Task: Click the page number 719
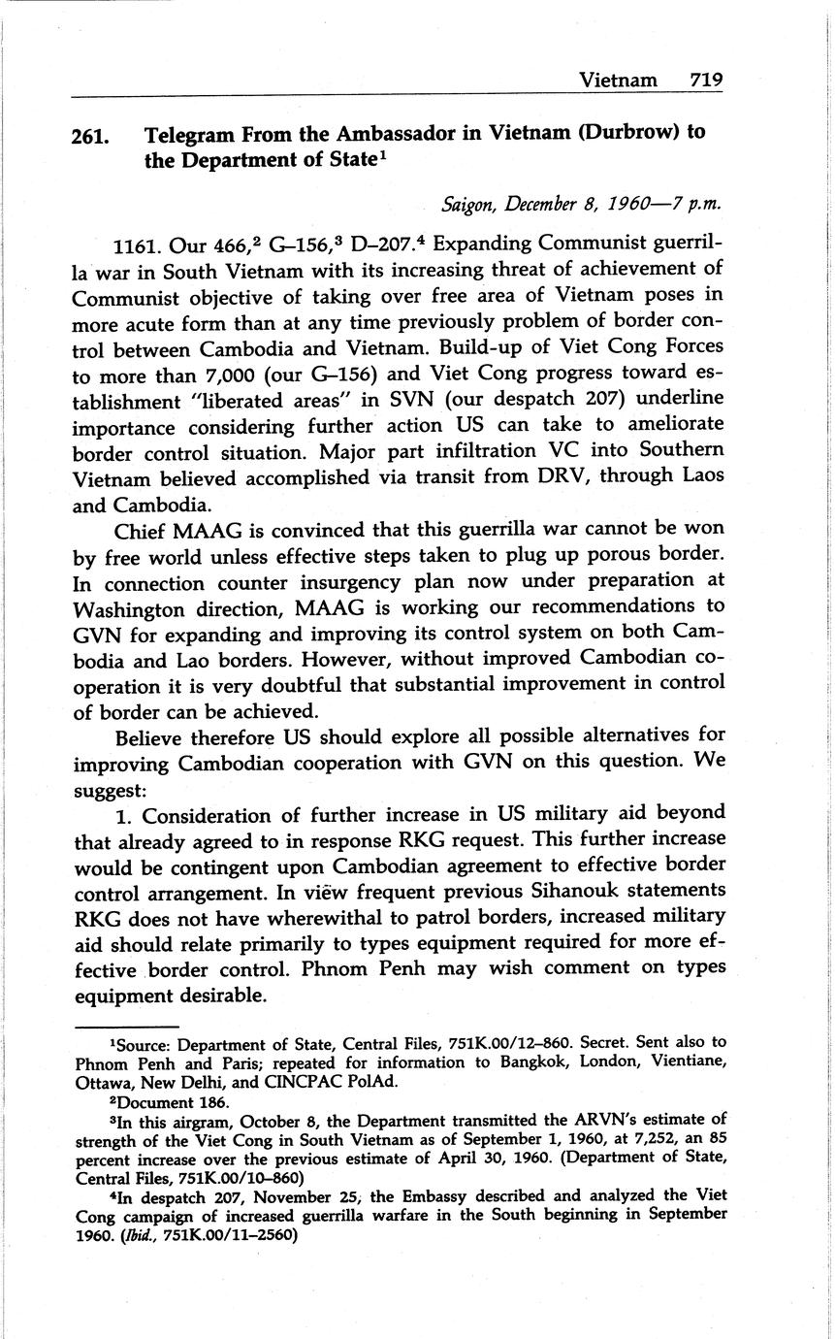click(706, 80)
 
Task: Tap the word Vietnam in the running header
click(618, 80)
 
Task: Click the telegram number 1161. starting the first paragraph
click(140, 243)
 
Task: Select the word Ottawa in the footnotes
click(100, 1081)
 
